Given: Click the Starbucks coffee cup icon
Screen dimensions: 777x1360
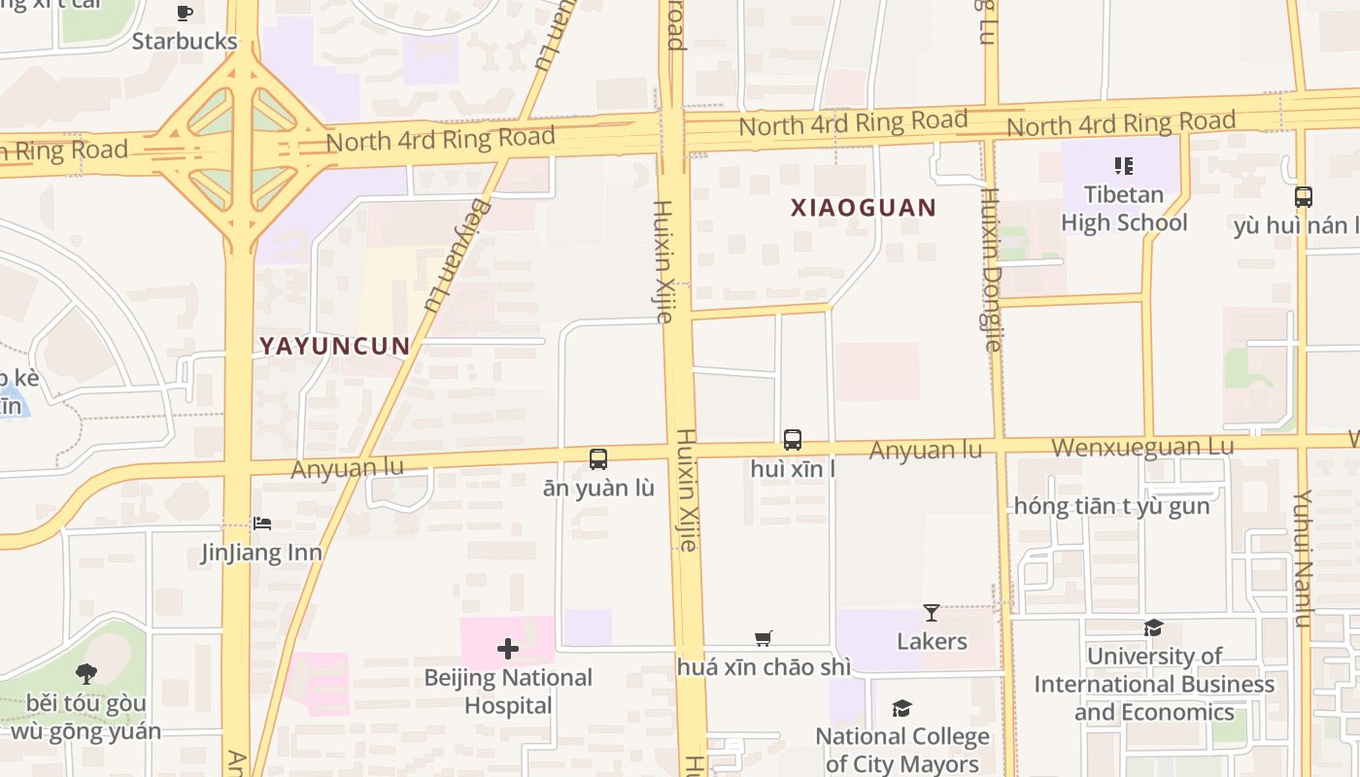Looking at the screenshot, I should point(185,14).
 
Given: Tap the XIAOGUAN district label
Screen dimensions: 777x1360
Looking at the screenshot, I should point(863,208).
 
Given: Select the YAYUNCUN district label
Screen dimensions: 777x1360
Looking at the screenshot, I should point(334,346).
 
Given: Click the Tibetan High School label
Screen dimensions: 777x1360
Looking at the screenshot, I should point(1124,209).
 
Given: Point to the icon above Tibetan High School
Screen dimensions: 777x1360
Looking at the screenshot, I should point(1124,166).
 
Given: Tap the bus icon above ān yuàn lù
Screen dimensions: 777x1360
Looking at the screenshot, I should point(598,459).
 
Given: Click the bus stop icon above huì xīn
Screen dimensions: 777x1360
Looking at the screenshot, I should point(793,440).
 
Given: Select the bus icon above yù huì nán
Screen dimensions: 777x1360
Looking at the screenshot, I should point(1304,197).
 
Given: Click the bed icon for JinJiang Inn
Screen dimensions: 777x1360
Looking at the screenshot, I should point(262,524).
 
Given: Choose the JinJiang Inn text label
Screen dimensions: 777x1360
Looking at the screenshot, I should point(261,553).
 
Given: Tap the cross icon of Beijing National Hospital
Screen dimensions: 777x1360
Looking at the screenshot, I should point(508,649).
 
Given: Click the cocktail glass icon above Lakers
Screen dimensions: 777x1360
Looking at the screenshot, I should point(932,613).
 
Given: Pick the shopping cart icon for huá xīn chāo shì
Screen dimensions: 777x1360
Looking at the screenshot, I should point(764,638).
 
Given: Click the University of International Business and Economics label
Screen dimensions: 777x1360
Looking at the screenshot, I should point(1154,684).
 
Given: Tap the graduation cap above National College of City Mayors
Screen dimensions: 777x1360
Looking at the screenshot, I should point(902,708).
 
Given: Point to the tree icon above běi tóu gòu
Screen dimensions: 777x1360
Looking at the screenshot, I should point(86,673).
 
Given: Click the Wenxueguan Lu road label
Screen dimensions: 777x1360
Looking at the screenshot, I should point(1143,448).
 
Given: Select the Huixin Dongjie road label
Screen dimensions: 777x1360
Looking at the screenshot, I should point(991,269).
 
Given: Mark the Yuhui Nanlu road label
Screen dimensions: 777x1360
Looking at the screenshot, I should point(1303,558).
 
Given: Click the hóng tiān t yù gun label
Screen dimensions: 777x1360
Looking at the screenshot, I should point(1111,506).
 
